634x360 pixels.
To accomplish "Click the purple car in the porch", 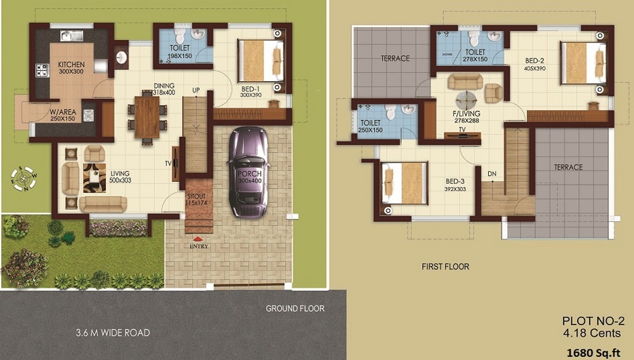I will [x=248, y=170].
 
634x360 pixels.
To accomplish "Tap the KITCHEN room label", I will [x=72, y=65].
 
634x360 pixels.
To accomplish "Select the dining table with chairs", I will [x=147, y=116].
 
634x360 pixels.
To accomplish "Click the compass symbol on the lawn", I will [x=23, y=177].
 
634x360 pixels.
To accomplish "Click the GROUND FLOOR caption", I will [x=295, y=309].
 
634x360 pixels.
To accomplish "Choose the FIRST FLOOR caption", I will [x=445, y=267].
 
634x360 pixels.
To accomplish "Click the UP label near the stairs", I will [x=196, y=91].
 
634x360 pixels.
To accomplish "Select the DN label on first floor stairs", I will [x=492, y=173].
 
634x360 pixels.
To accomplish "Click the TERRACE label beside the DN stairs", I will [x=568, y=167].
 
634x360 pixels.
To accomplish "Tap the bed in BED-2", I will [x=582, y=62].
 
